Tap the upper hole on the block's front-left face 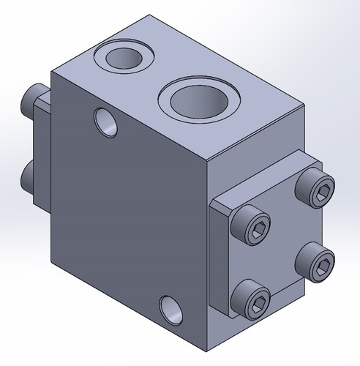[106, 122]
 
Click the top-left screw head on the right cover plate [251, 230]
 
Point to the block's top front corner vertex [209, 160]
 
